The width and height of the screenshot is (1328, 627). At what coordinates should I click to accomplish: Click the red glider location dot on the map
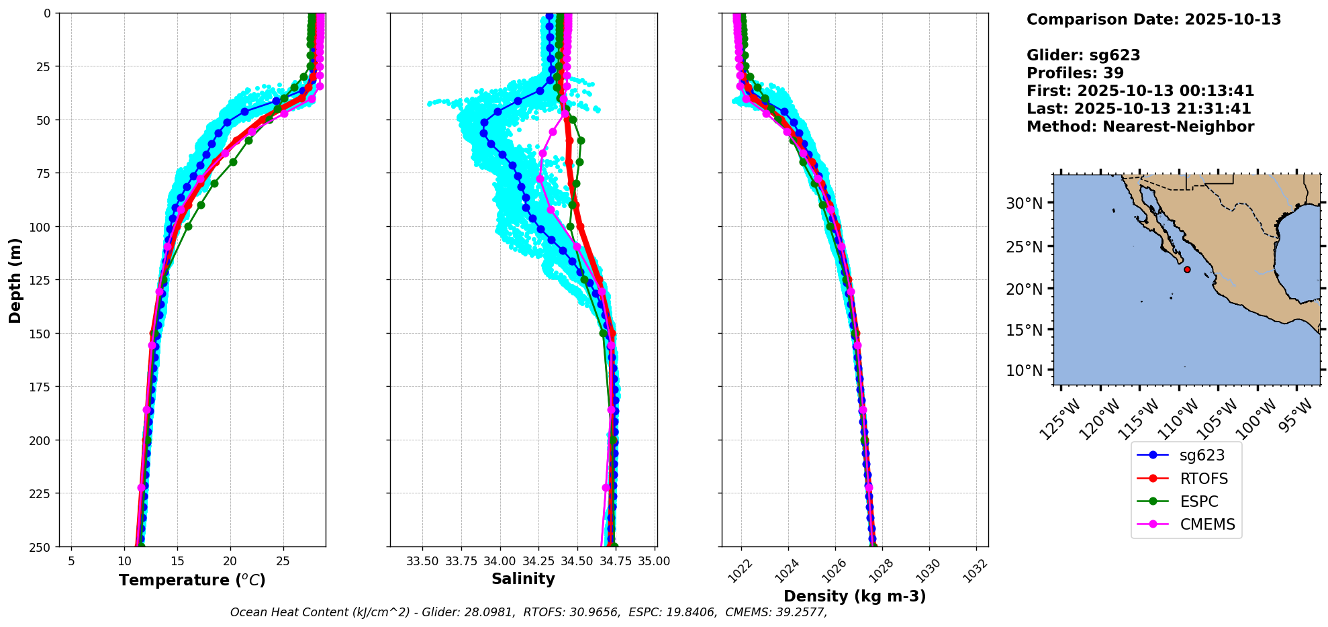point(1187,269)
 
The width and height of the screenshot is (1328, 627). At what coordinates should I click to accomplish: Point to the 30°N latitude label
point(1024,203)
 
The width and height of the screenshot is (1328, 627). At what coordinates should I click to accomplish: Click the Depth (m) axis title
point(15,280)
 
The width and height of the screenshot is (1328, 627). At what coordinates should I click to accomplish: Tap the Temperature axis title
point(192,580)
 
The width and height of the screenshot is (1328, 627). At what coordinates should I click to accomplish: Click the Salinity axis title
point(523,579)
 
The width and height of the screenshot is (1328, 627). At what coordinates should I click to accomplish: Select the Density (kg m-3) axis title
point(855,596)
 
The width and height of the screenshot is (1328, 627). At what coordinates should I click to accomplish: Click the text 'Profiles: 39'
point(1075,73)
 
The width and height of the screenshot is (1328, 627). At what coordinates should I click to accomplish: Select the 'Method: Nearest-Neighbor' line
point(1140,126)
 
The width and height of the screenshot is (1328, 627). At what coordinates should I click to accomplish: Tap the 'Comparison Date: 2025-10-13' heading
point(1153,19)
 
